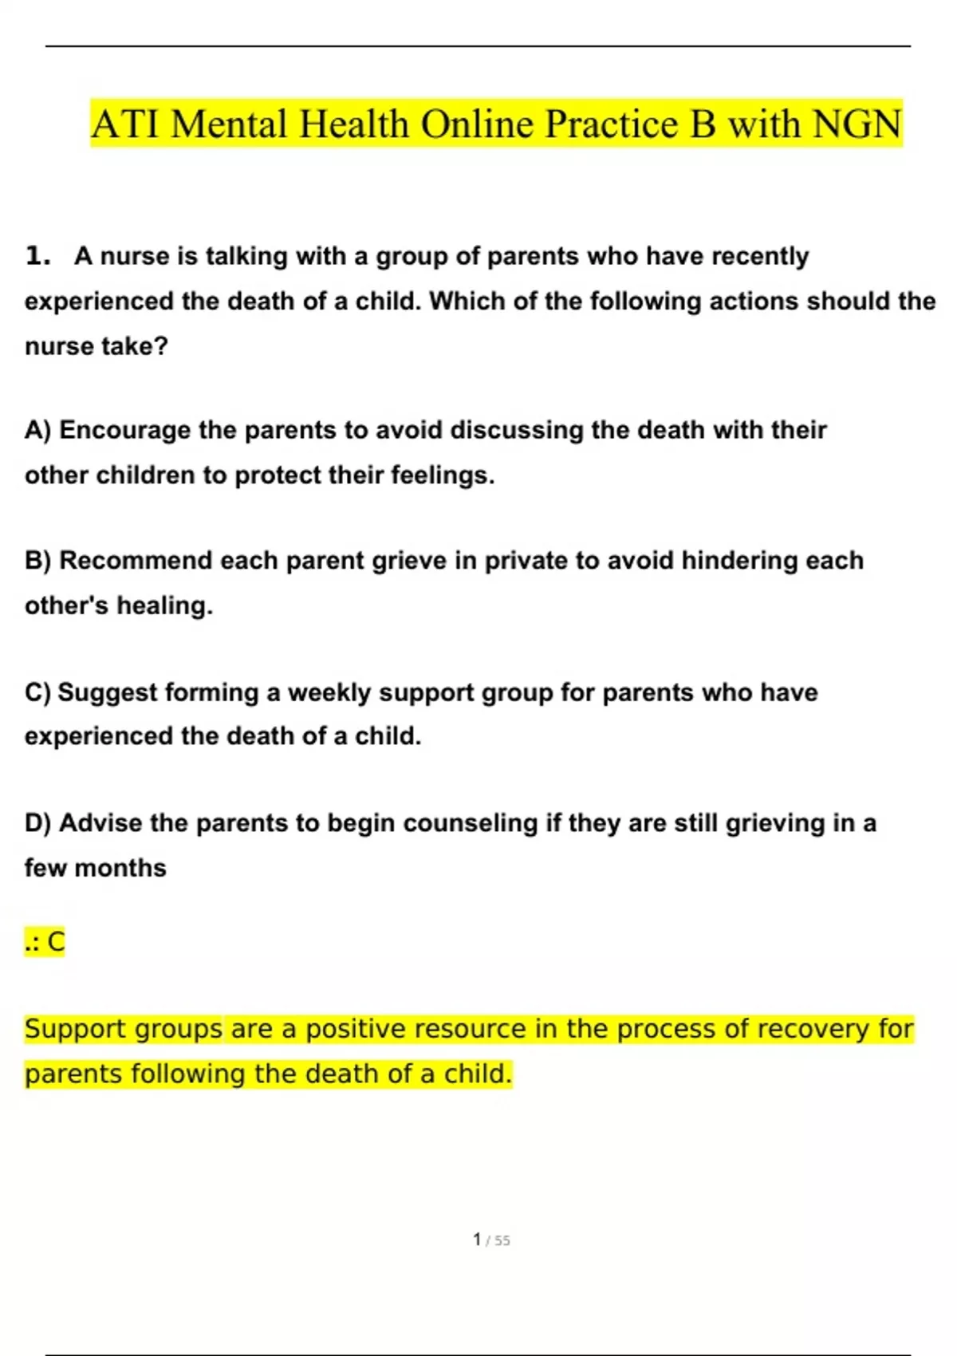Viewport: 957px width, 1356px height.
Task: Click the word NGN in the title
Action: tap(857, 124)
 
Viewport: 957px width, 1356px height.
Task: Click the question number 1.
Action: tap(37, 256)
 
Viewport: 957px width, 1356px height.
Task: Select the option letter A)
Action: tap(37, 430)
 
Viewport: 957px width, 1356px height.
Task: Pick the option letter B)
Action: tap(37, 561)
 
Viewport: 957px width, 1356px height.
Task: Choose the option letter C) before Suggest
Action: tap(37, 692)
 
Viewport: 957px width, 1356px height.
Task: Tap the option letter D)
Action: tap(37, 823)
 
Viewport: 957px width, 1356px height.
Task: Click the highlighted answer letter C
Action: tap(56, 942)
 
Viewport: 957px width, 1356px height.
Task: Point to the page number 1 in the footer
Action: tap(477, 1240)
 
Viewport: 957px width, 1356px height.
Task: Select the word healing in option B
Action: tap(164, 606)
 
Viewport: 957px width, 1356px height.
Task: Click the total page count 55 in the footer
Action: tap(502, 1240)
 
